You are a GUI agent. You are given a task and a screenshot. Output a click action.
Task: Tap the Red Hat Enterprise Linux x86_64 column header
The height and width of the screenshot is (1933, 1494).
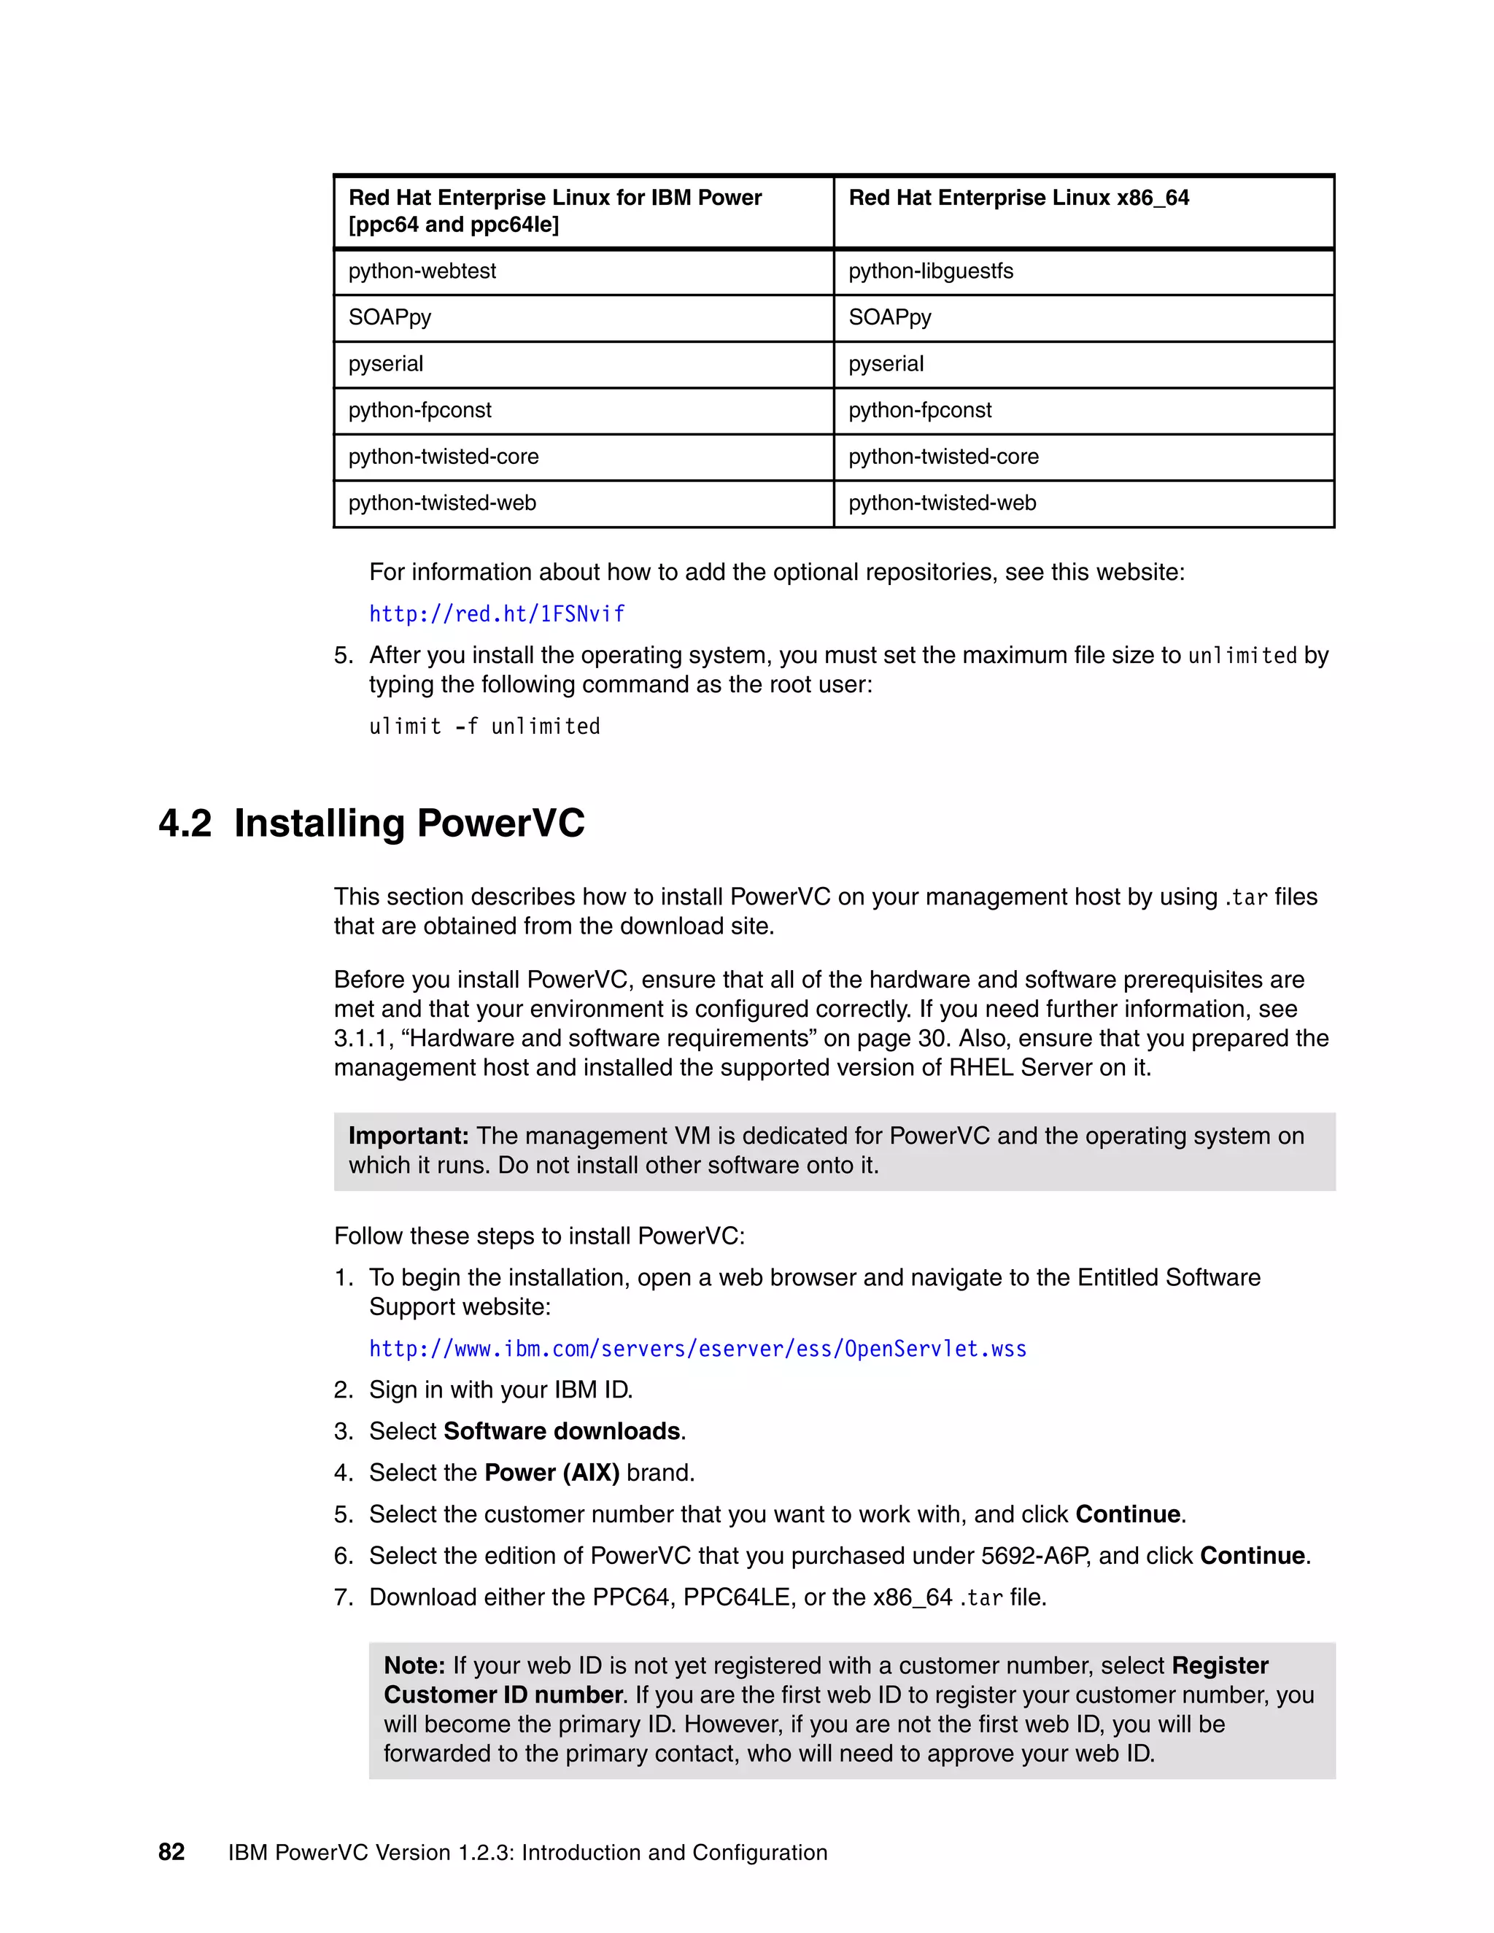click(1018, 198)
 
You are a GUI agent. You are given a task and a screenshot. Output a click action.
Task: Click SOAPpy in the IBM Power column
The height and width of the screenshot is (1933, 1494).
click(390, 318)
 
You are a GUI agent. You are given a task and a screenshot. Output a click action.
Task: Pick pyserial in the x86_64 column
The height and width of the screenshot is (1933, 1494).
click(886, 364)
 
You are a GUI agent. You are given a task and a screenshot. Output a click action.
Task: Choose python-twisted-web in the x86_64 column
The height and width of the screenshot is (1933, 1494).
click(942, 503)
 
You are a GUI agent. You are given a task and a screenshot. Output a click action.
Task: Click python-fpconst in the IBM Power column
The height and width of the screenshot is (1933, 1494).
click(419, 411)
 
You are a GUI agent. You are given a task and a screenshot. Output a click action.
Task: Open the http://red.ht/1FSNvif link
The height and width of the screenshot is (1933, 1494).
click(497, 614)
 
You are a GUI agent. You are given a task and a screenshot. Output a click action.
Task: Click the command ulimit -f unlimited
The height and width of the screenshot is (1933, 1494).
click(484, 727)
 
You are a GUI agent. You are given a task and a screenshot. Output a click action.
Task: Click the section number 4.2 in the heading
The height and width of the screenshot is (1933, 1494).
click(185, 823)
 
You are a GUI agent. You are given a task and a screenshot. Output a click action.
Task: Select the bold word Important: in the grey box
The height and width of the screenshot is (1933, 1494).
click(408, 1136)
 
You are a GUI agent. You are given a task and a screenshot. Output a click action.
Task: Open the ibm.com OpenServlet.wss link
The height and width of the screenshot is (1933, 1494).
click(697, 1349)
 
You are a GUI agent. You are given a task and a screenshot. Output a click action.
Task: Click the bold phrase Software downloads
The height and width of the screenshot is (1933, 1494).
click(562, 1431)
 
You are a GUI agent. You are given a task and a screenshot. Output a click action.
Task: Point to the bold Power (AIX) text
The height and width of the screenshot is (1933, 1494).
click(551, 1473)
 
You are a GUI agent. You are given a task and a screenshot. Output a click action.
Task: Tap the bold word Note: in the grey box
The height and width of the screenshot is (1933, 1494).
click(414, 1666)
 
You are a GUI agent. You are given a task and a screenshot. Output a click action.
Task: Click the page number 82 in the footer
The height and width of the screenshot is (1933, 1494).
click(171, 1853)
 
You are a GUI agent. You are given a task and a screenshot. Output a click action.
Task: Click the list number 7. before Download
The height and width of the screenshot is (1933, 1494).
click(344, 1597)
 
